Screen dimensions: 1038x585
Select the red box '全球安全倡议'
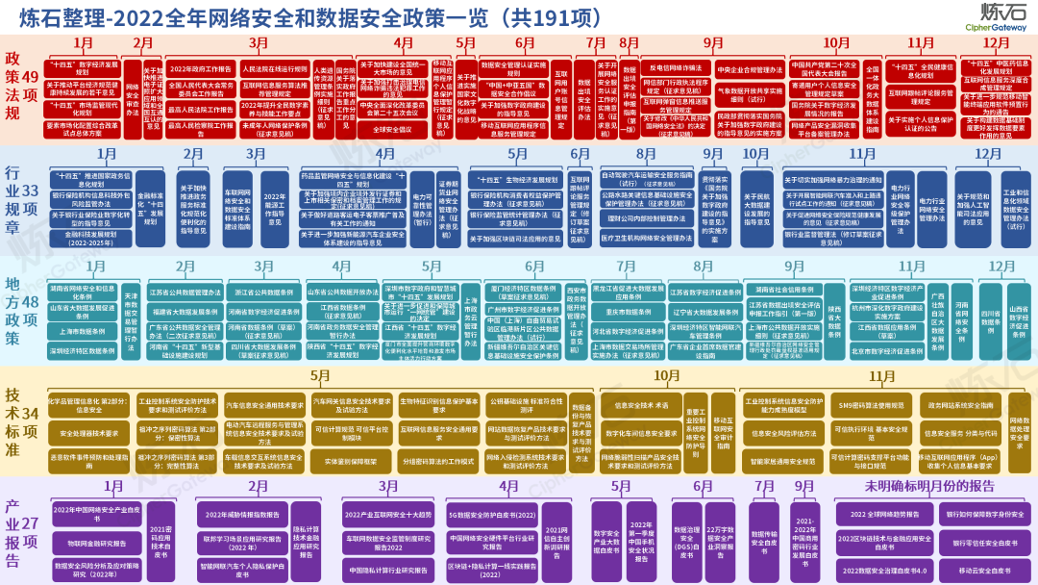tap(391, 128)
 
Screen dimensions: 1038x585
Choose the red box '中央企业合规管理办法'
tap(750, 70)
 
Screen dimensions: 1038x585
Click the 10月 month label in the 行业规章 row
tap(755, 154)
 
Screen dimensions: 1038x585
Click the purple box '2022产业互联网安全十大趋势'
tap(387, 516)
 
